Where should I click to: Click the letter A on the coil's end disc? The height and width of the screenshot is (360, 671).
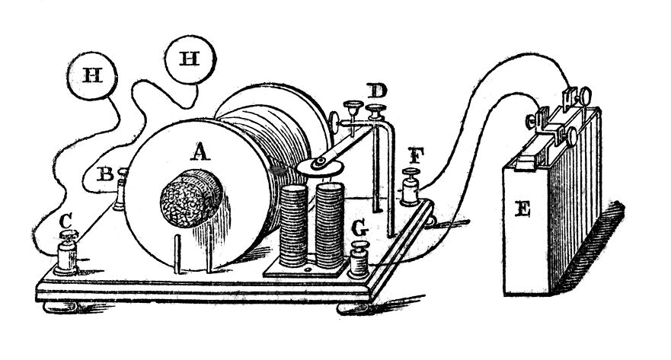pos(200,152)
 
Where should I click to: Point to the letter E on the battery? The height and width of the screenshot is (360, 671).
pos(522,211)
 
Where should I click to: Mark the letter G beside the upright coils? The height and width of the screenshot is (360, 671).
pos(359,227)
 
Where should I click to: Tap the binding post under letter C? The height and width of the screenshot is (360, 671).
pos(68,256)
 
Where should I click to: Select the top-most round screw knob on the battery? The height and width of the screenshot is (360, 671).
pos(588,95)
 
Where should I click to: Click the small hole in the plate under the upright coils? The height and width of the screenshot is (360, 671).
pos(308,269)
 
